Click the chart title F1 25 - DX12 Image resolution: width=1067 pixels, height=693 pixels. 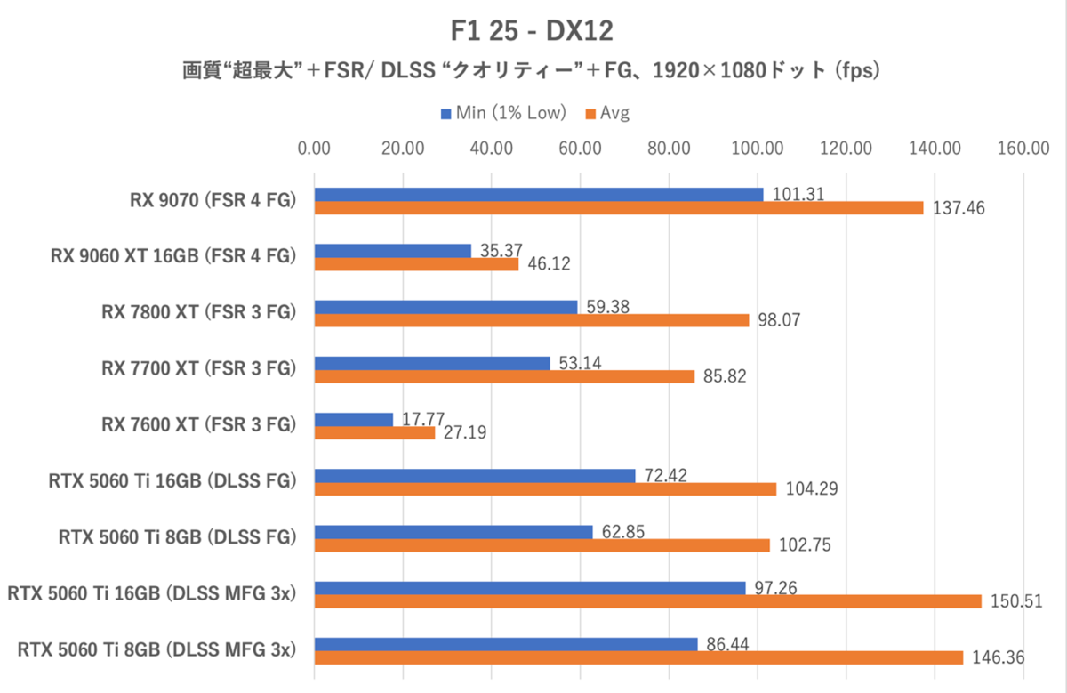point(532,32)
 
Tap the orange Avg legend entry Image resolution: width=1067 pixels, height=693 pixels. point(607,113)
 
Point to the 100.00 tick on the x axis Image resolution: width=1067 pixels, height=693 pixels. point(758,149)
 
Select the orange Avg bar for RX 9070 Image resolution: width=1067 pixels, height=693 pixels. point(619,208)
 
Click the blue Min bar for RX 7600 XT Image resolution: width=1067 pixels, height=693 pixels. point(354,419)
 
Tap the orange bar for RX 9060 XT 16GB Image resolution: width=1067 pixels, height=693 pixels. point(416,264)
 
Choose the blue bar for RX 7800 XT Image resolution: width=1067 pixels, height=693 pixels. point(445,307)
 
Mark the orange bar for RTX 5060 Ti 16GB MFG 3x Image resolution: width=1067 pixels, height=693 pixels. point(647,601)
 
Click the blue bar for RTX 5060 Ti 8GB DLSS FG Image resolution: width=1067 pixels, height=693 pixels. point(453,532)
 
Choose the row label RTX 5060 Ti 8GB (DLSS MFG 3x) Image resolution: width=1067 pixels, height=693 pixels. point(156,649)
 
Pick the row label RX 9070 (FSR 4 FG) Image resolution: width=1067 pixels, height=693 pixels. point(211,201)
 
